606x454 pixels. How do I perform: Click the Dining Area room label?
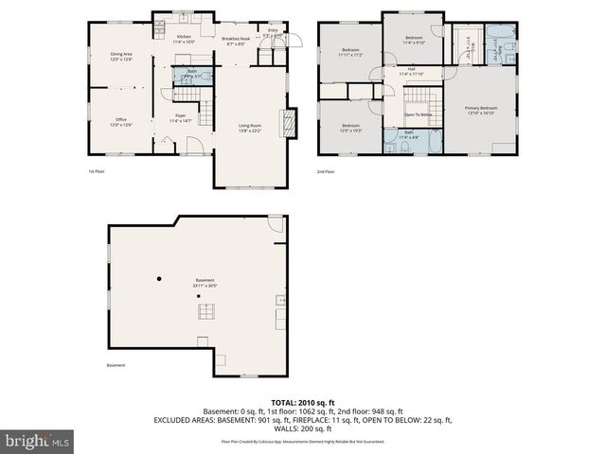(x=120, y=57)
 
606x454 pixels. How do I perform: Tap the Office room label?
(x=120, y=122)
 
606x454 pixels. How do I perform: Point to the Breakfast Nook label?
(x=234, y=41)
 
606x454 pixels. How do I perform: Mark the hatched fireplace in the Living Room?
(x=292, y=123)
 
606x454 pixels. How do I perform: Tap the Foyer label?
(x=181, y=119)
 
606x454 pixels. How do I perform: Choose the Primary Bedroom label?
(x=481, y=111)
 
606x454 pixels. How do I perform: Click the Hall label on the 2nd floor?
(x=412, y=71)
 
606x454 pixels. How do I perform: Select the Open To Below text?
(x=418, y=114)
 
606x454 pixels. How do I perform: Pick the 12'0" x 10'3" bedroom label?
(x=350, y=128)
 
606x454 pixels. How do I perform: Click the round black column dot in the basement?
(x=160, y=278)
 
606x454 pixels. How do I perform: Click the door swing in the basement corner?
(x=275, y=224)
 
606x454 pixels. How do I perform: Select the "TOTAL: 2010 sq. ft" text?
(x=302, y=403)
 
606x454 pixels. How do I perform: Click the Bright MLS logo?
(x=37, y=441)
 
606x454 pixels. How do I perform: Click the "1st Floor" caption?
(x=97, y=171)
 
